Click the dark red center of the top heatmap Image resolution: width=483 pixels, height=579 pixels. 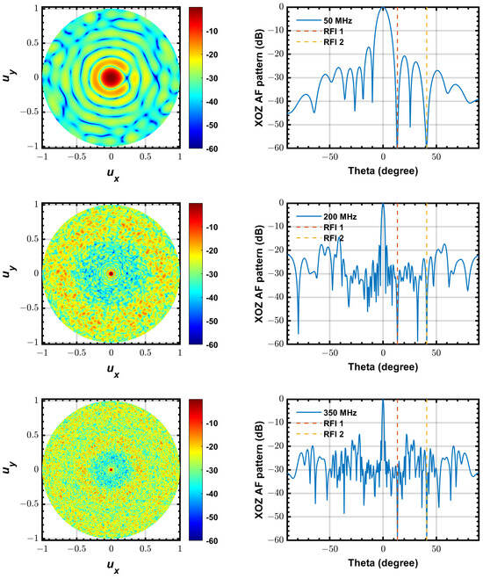pos(111,77)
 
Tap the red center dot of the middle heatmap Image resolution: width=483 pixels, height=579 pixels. pos(111,273)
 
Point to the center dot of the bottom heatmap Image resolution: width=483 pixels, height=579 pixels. pos(111,469)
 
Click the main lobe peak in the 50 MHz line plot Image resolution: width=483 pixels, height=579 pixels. pos(383,9)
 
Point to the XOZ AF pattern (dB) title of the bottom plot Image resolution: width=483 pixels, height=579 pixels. pos(261,469)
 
